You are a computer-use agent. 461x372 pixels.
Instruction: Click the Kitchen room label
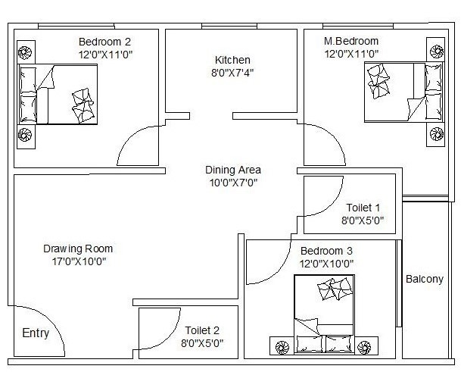pyautogui.click(x=232, y=60)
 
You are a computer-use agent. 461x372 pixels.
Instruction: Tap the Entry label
pyautogui.click(x=36, y=333)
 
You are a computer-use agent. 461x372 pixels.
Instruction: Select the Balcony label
pyautogui.click(x=424, y=279)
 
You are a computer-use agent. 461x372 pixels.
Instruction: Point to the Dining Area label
pyautogui.click(x=232, y=170)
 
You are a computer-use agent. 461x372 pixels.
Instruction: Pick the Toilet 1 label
pyautogui.click(x=363, y=208)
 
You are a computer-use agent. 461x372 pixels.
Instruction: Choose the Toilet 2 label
pyautogui.click(x=202, y=330)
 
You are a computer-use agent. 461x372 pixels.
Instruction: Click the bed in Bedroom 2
pyautogui.click(x=59, y=94)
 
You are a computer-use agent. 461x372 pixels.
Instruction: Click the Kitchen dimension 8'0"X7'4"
pyautogui.click(x=232, y=73)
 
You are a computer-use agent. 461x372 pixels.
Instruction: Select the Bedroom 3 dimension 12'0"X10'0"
pyautogui.click(x=327, y=264)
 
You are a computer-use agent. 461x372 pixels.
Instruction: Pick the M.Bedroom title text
pyautogui.click(x=351, y=41)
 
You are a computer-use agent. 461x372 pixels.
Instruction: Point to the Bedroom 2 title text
pyautogui.click(x=104, y=41)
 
